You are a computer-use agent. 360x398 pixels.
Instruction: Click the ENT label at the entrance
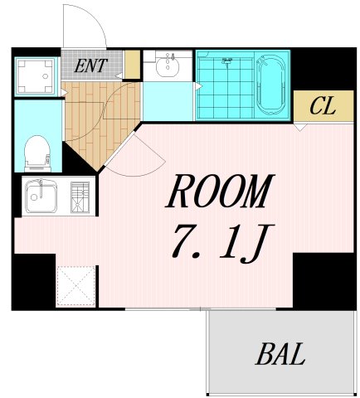click(x=90, y=66)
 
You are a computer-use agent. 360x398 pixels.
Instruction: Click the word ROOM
click(x=219, y=192)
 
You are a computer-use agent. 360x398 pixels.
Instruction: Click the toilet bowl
click(x=36, y=153)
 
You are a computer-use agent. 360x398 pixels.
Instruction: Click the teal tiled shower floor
click(x=224, y=95)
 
